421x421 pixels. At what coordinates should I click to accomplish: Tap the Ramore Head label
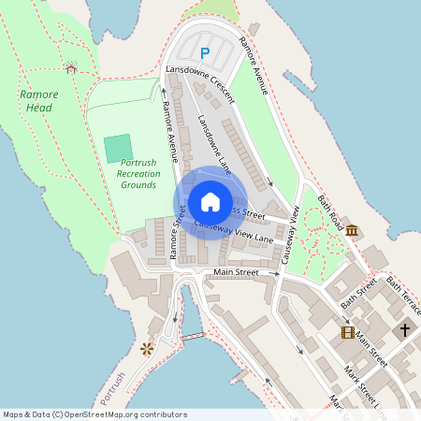coord(38,101)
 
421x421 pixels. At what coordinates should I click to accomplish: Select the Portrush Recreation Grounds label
coord(139,173)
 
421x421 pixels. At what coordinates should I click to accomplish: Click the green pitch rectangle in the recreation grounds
coord(118,148)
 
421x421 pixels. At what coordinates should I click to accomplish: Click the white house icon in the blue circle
coord(210,202)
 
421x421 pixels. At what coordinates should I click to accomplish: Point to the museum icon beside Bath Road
coord(351,230)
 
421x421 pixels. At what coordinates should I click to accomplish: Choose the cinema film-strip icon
coord(348,332)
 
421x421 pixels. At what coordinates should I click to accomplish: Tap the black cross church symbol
coord(405,329)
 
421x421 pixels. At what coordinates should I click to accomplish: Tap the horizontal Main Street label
coord(235,272)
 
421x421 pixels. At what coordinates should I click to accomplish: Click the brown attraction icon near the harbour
coord(146,349)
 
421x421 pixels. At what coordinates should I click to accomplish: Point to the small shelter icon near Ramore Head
coord(71,67)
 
